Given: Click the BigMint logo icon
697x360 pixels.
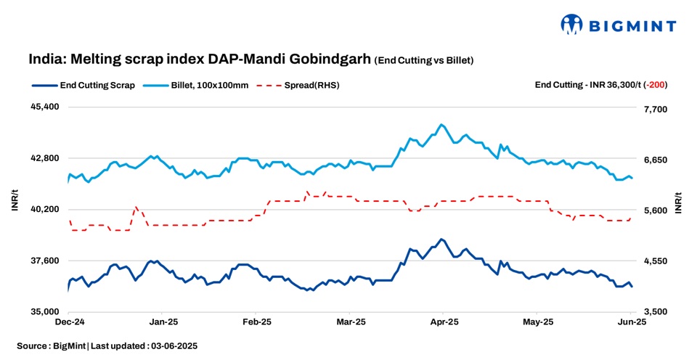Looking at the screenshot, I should [x=571, y=25].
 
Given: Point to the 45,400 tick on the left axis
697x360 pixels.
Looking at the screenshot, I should [x=44, y=107].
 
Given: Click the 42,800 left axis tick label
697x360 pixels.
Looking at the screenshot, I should [x=44, y=158].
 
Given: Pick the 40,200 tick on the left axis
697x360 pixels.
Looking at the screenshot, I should [x=44, y=209].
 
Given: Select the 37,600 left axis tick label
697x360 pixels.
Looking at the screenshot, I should [x=44, y=261].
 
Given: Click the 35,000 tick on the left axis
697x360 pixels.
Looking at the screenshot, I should [x=44, y=311].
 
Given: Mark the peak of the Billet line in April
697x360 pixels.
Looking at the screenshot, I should [x=441, y=125].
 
